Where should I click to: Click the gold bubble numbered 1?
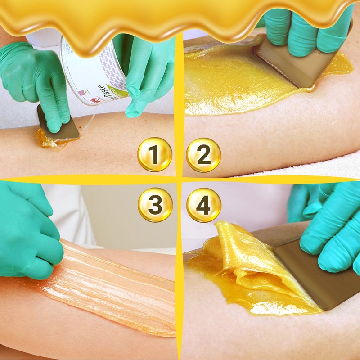click(154, 155)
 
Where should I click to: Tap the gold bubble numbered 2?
click(203, 155)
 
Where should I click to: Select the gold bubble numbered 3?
click(154, 205)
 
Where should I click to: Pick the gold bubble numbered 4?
click(203, 205)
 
